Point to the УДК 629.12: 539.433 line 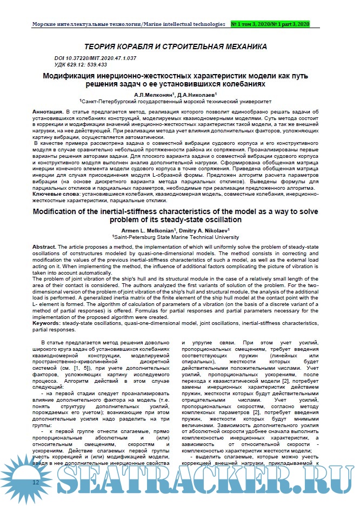point(81,64)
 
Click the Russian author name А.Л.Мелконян point(152,94)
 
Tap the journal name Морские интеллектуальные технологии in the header point(86,24)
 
